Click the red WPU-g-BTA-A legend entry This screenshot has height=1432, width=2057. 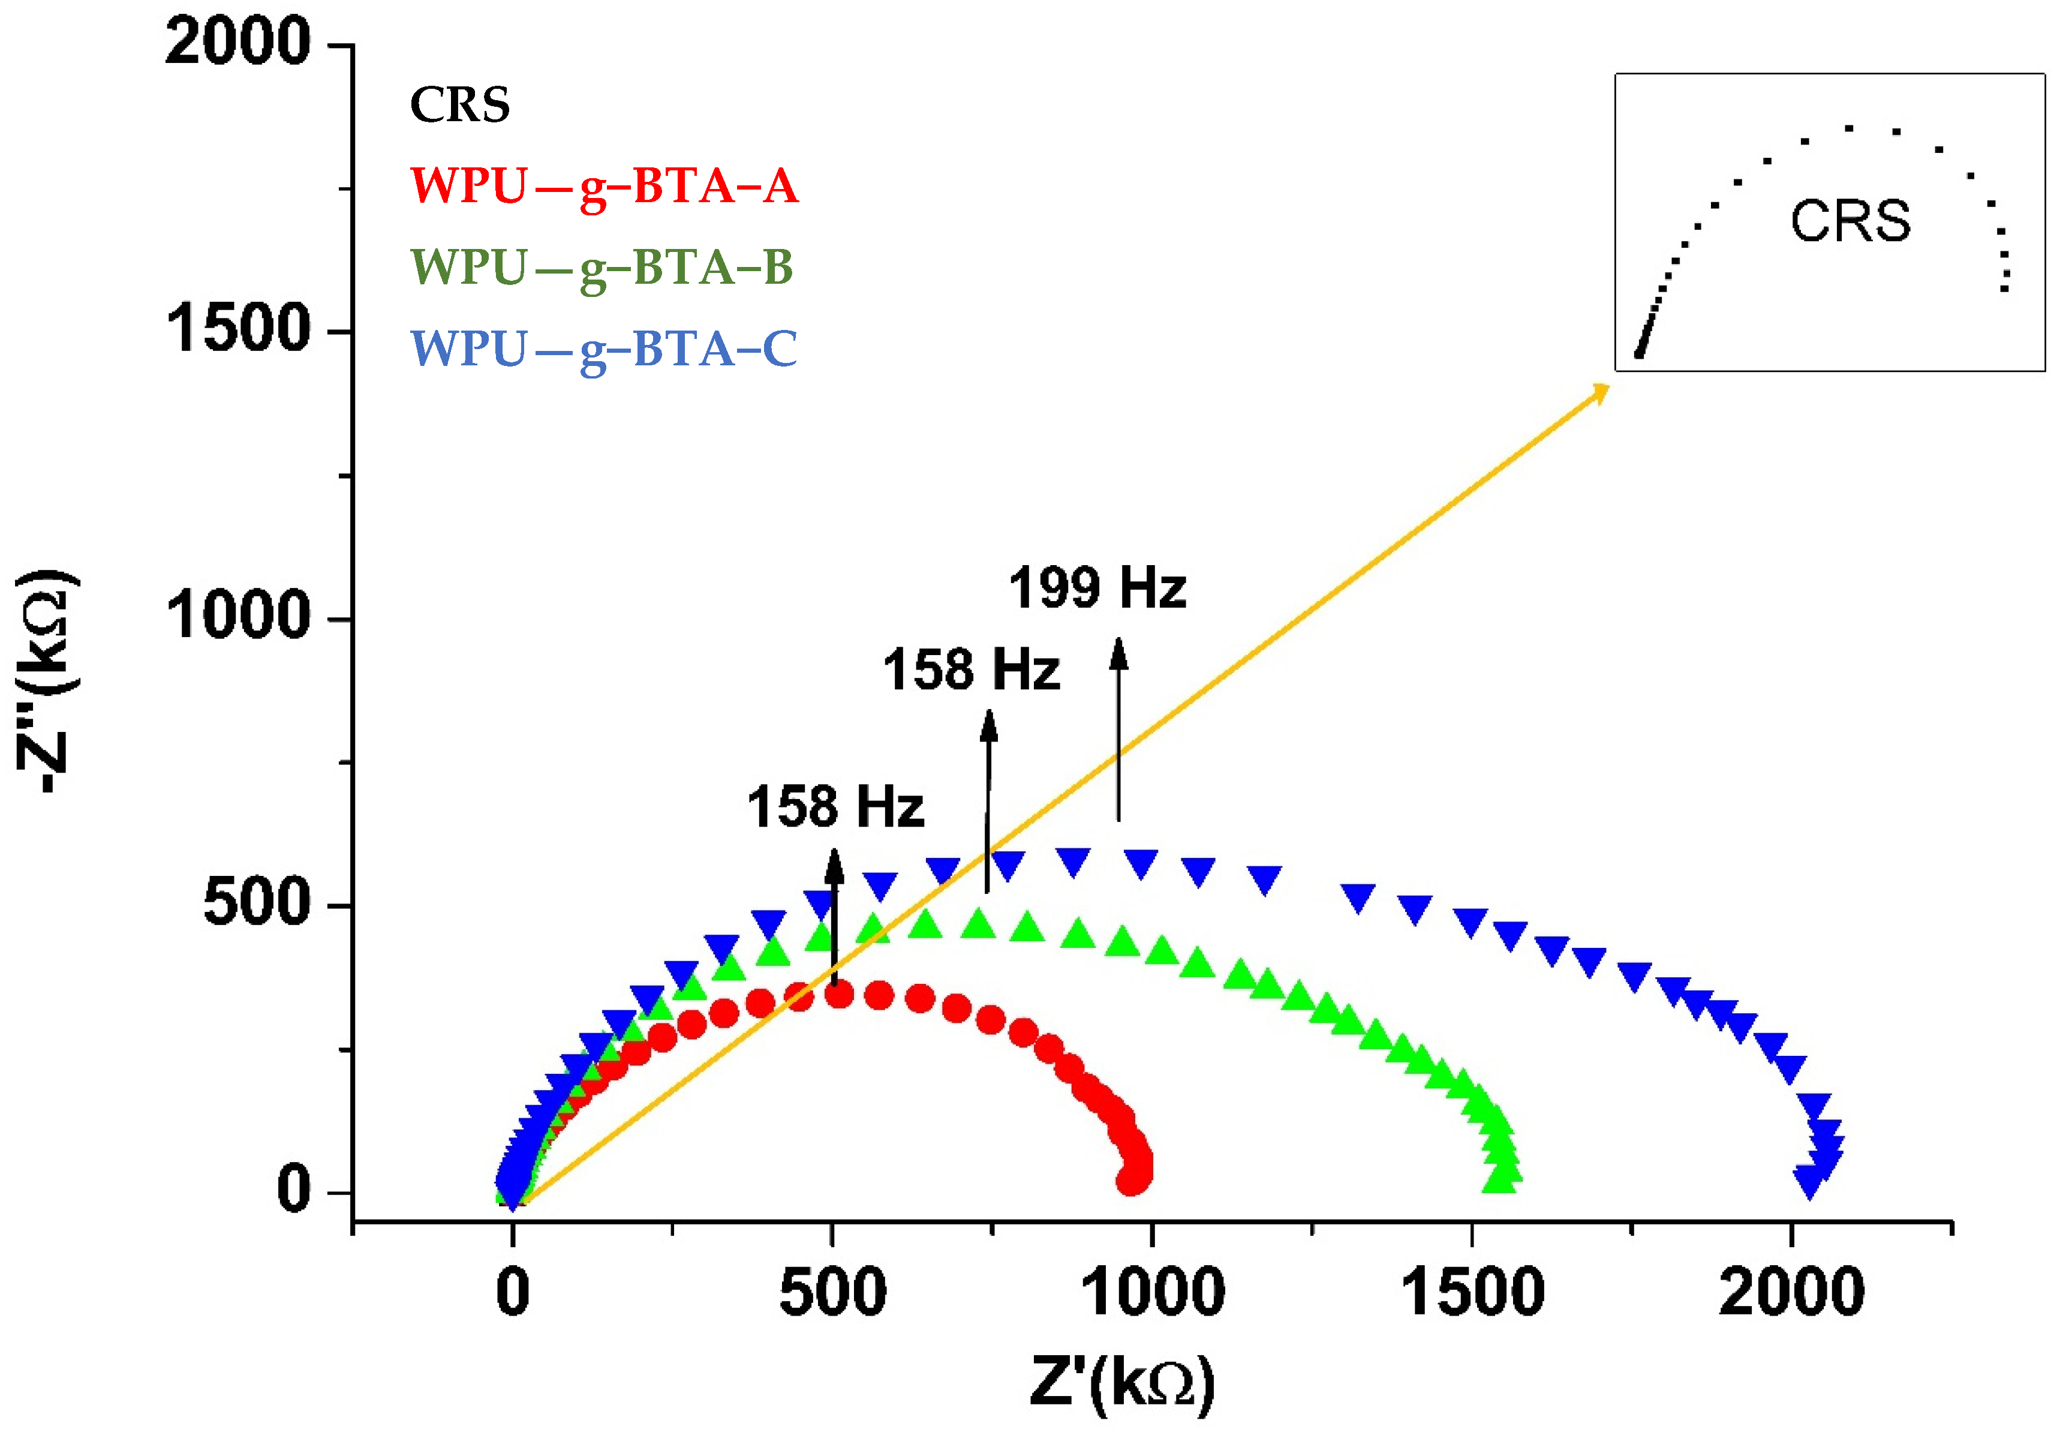point(603,187)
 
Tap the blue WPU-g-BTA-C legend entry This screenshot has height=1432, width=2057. point(603,350)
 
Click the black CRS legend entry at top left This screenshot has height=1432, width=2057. point(459,105)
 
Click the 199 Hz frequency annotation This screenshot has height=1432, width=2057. point(1097,589)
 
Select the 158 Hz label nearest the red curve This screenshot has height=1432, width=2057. point(835,806)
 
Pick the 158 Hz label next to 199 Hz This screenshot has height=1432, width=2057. point(970,670)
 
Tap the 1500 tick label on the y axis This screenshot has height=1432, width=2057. point(237,329)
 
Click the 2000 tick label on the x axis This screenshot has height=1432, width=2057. point(1790,1293)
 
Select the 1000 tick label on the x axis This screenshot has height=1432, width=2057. point(1151,1293)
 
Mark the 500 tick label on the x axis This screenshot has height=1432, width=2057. point(832,1293)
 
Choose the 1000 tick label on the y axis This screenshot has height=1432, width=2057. point(237,617)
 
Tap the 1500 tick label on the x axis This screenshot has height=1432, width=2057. point(1471,1293)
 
